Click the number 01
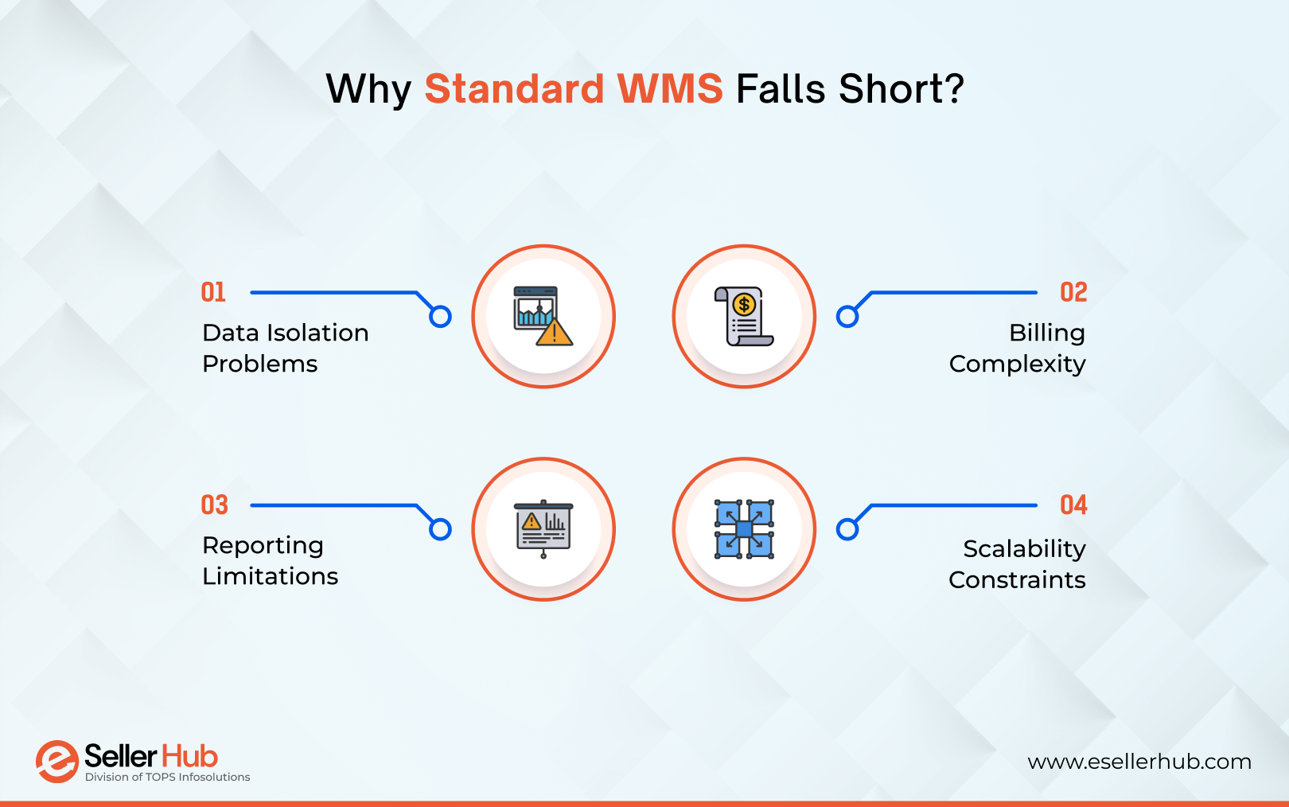coord(213,292)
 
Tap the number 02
coord(1073,292)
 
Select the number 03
coord(214,505)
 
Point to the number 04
coord(1073,505)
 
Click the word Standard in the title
coord(514,88)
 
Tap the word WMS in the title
coord(670,88)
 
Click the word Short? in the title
coord(901,88)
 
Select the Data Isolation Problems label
coord(285,348)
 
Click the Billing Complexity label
coord(1018,348)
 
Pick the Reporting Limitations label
coord(270,560)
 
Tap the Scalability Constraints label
coord(1018,563)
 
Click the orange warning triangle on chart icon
coord(555,333)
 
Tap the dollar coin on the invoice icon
coord(744,304)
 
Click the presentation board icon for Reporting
coord(543,528)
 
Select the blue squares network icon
coord(744,528)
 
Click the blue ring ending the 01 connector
coord(440,317)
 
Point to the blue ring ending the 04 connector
coord(847,529)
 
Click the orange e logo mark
coord(56,761)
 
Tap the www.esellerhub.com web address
coord(1139,762)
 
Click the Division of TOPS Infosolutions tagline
coord(167,777)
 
